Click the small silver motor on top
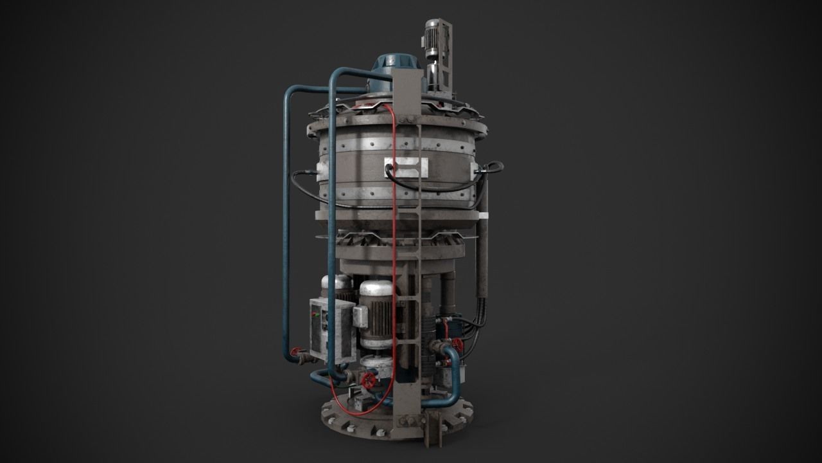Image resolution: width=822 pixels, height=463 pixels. pos(432,35)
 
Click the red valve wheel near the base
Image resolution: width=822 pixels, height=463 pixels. pos(369,381)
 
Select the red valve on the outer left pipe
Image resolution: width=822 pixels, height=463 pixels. pos(295,352)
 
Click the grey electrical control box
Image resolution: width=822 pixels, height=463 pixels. pos(331,330)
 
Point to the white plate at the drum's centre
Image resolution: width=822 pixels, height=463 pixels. pos(406,167)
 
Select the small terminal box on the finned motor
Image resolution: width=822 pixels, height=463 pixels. pos(360,316)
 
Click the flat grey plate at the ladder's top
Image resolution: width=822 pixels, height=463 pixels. pos(408,90)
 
